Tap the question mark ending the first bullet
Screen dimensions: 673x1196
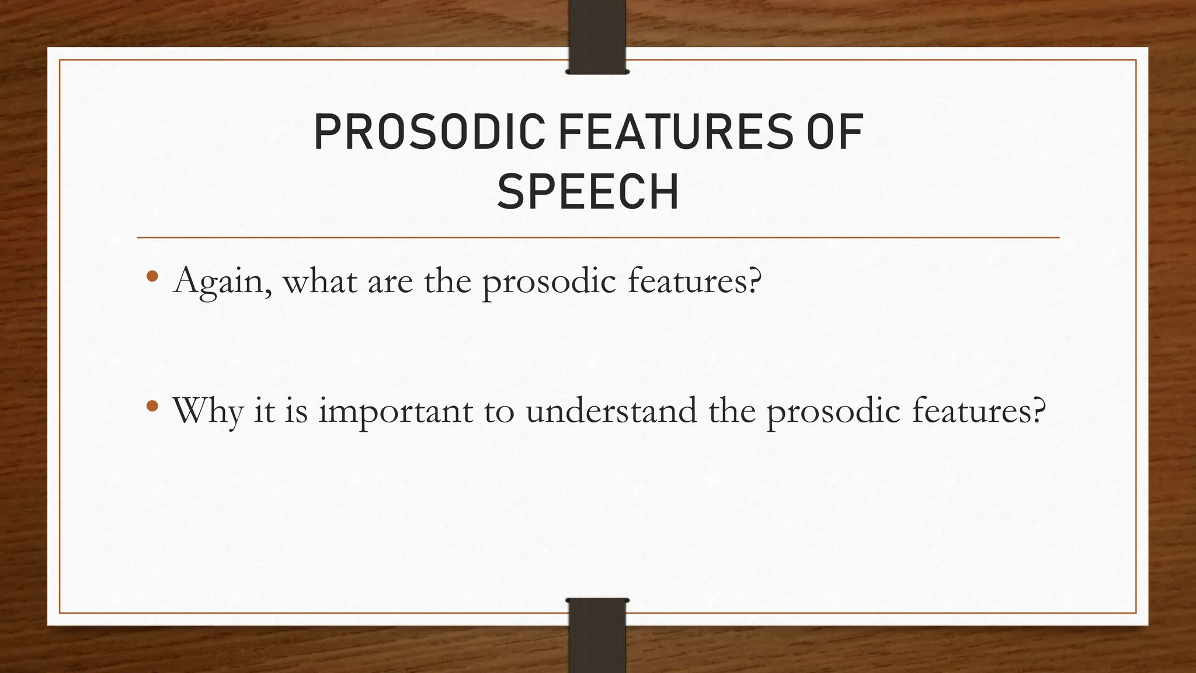[x=755, y=280]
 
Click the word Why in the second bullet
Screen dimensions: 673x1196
[x=207, y=411]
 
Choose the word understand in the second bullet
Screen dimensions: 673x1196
[x=611, y=410]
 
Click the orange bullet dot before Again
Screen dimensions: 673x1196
[x=152, y=276]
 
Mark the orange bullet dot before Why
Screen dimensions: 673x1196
[x=152, y=405]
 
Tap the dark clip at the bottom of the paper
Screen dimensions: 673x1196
[x=597, y=640]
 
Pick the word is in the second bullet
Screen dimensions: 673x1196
[x=297, y=410]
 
